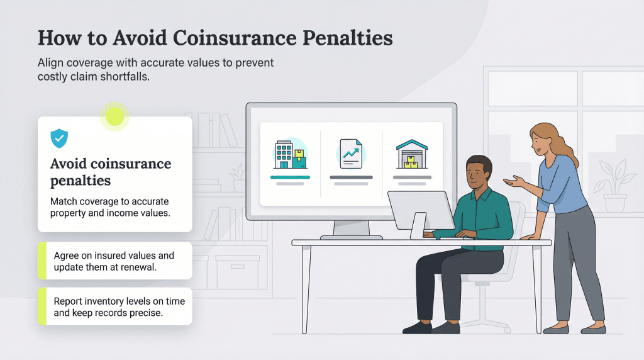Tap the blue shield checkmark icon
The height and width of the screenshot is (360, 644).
59,137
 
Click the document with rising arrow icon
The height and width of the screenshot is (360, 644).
351,154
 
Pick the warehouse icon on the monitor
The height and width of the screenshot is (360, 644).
412,154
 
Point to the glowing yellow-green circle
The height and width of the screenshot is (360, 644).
115,116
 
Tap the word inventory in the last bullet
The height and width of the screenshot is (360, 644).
104,301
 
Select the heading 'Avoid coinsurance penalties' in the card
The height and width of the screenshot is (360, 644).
110,172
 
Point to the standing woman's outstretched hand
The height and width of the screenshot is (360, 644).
513,181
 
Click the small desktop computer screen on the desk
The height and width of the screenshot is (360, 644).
420,210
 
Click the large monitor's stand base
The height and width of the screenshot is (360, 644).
351,237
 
